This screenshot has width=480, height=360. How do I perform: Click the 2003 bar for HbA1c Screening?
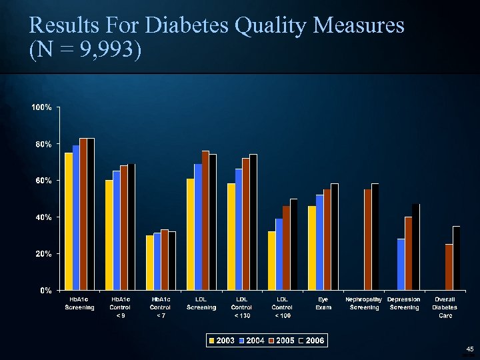(x=69, y=221)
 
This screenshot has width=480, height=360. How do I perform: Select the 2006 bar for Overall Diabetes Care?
(x=457, y=258)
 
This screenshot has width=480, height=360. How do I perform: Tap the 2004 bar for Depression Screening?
(x=401, y=264)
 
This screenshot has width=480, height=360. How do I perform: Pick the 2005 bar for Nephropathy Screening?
(x=368, y=239)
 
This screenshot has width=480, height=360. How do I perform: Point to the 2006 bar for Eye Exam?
(x=335, y=237)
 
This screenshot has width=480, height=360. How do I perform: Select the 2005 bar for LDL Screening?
(x=205, y=220)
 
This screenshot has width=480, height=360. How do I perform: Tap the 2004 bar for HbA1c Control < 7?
(x=157, y=261)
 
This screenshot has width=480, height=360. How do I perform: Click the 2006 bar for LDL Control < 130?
(x=253, y=222)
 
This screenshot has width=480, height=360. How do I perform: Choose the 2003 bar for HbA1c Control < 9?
(x=109, y=235)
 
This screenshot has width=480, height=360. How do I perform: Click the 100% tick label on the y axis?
(x=42, y=107)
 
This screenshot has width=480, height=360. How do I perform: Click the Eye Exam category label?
(x=323, y=303)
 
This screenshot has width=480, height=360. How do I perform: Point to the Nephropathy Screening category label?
(x=363, y=303)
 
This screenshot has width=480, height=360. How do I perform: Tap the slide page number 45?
(x=469, y=349)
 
